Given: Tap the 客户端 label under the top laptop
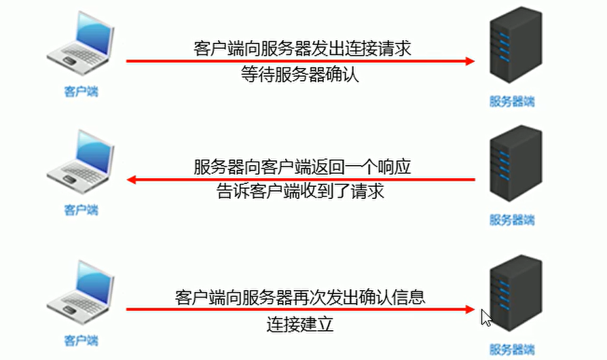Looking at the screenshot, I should pos(81,91).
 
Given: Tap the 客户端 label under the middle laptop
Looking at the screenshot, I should pos(81,210).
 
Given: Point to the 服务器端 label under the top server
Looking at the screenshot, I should pos(512,102).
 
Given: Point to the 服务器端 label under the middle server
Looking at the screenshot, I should pos(512,220).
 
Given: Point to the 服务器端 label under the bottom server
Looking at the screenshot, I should pos(512,350).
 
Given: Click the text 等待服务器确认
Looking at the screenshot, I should pos(300,75).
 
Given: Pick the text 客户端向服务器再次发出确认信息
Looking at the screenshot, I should pos(300,297).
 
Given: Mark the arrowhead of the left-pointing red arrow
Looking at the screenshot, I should pos(132,180).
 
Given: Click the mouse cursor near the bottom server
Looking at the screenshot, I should pos(486,318).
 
